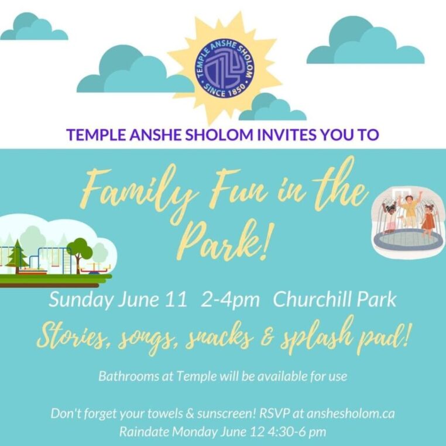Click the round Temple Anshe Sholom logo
click(x=224, y=68)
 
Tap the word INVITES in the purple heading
click(x=287, y=135)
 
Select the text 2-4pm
click(x=230, y=300)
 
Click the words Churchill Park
click(x=335, y=299)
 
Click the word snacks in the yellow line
click(x=219, y=338)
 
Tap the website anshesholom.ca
click(x=351, y=413)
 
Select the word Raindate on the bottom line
click(x=144, y=431)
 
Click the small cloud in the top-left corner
click(x=34, y=26)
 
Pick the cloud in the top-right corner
click(x=365, y=40)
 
